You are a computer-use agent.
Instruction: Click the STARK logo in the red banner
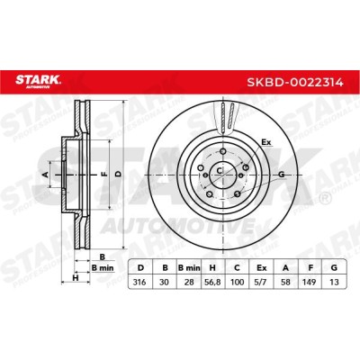[x=38, y=81]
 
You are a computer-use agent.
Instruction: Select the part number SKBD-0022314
[x=295, y=82]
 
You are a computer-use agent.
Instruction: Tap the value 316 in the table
[x=140, y=283]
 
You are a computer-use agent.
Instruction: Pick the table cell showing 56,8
[x=212, y=283]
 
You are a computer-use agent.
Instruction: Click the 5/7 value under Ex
[x=262, y=283]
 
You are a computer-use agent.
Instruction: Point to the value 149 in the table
[x=310, y=283]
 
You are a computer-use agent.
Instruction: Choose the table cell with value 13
[x=334, y=283]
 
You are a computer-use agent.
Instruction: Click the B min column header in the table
[x=189, y=268]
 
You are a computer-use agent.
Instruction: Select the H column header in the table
[x=212, y=268]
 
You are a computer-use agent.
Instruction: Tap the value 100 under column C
[x=237, y=283]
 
